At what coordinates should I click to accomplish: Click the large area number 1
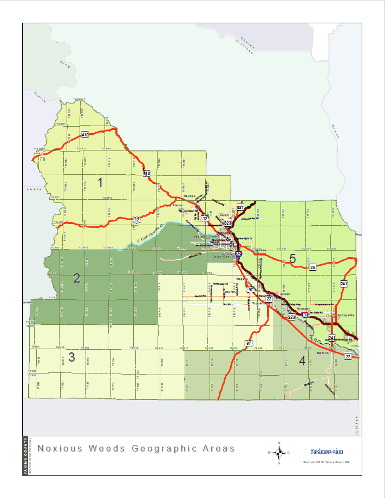click(100, 182)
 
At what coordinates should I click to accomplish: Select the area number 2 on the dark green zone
click(77, 278)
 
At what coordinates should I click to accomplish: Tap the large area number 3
click(71, 357)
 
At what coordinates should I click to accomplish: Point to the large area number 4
click(302, 361)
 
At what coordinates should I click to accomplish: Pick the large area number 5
click(292, 259)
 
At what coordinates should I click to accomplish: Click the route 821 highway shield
click(240, 207)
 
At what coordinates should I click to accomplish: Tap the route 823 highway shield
click(228, 223)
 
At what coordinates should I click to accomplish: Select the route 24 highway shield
click(312, 267)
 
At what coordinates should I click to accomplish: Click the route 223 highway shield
click(291, 317)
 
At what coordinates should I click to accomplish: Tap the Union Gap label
click(221, 257)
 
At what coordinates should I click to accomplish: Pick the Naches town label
click(190, 197)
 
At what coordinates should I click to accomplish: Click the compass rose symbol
click(279, 453)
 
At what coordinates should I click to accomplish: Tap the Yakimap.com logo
click(327, 451)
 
